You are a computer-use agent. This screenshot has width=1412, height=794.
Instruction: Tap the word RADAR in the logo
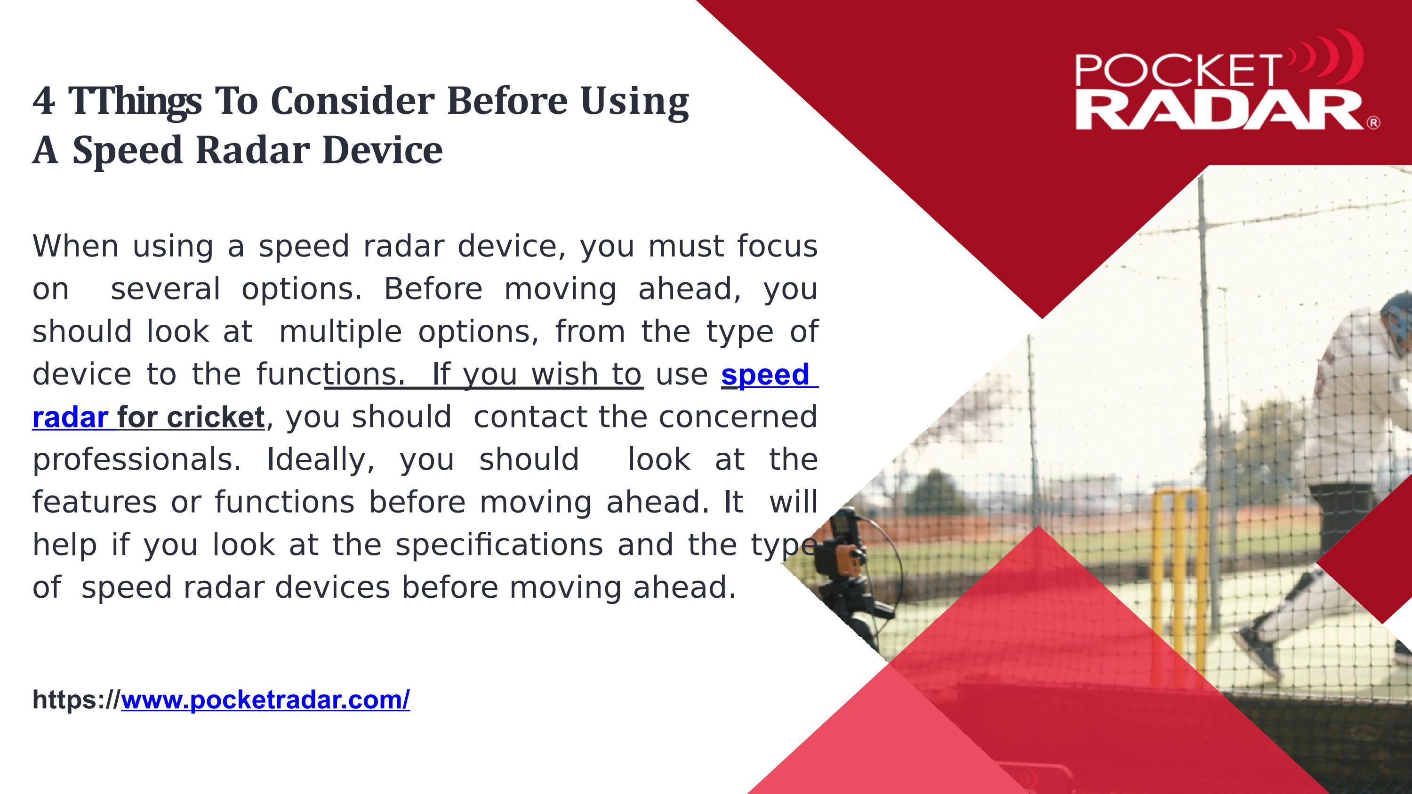click(x=1219, y=111)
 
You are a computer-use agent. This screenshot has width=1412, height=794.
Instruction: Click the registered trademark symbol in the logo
click(x=1373, y=123)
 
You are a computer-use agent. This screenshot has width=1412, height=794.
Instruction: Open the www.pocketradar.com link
click(x=265, y=700)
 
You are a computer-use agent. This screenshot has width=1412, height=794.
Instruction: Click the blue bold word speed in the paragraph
click(x=765, y=376)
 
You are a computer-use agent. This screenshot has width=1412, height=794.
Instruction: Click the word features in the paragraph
click(x=95, y=503)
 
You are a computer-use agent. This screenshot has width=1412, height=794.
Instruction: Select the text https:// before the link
click(x=76, y=700)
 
